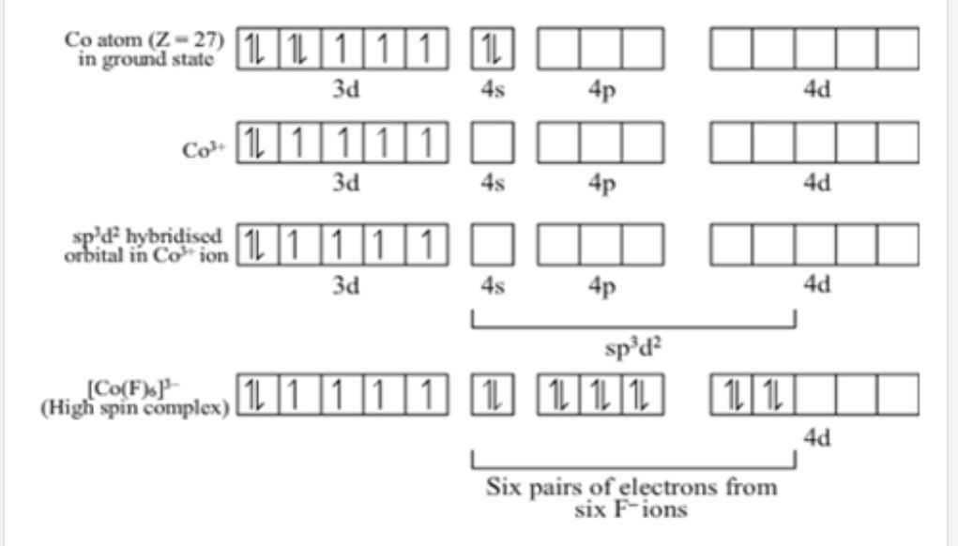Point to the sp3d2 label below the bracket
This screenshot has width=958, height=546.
point(633,347)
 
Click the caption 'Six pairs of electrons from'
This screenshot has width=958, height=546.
point(631,488)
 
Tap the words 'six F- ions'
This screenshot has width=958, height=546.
point(631,510)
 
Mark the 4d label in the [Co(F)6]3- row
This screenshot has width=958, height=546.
point(816,438)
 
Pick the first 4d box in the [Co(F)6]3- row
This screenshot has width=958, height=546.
point(732,395)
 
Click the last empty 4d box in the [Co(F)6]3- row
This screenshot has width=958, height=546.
point(898,395)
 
